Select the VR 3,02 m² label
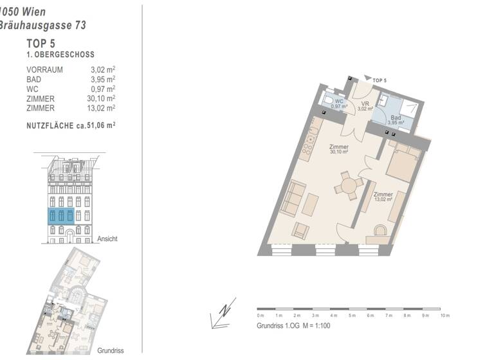(x=364, y=106)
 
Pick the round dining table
(x=348, y=187)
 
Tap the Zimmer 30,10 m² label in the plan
(x=338, y=149)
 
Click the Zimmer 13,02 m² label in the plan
(x=383, y=197)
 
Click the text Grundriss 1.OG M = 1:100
(x=293, y=326)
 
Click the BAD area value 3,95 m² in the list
(x=103, y=79)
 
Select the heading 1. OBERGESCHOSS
(x=60, y=56)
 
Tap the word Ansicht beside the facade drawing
(x=107, y=239)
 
